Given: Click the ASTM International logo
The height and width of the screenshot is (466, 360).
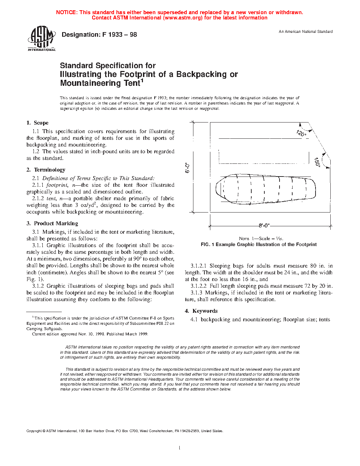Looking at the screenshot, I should (x=41, y=39).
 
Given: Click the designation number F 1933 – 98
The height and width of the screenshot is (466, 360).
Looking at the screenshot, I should (x=119, y=35).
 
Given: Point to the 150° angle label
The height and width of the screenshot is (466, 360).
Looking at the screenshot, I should (x=317, y=162).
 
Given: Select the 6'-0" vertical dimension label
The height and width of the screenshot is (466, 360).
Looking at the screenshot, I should (x=187, y=168).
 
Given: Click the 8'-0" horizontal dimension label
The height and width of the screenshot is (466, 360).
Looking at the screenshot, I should (x=264, y=226).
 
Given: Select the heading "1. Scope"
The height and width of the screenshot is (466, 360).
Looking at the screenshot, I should (x=37, y=123).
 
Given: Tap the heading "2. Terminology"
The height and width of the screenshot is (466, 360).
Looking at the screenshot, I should (x=46, y=170).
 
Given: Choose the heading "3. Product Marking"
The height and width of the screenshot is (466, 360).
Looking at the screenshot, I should (x=52, y=223).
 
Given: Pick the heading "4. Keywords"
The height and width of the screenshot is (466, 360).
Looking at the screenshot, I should (x=201, y=311).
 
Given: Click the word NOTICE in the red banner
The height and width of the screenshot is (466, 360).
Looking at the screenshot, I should (x=66, y=12).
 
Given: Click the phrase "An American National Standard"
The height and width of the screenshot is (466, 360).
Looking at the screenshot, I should (x=306, y=31).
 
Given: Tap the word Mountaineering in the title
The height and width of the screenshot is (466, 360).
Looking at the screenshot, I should (x=90, y=83).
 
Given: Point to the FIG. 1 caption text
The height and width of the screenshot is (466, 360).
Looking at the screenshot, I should (x=258, y=244).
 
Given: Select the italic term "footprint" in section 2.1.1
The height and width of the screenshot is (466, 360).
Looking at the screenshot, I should (x=56, y=185).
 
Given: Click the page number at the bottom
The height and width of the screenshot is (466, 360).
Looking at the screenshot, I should (x=180, y=448).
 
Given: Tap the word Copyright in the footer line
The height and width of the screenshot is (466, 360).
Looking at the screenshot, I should (x=34, y=431).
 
